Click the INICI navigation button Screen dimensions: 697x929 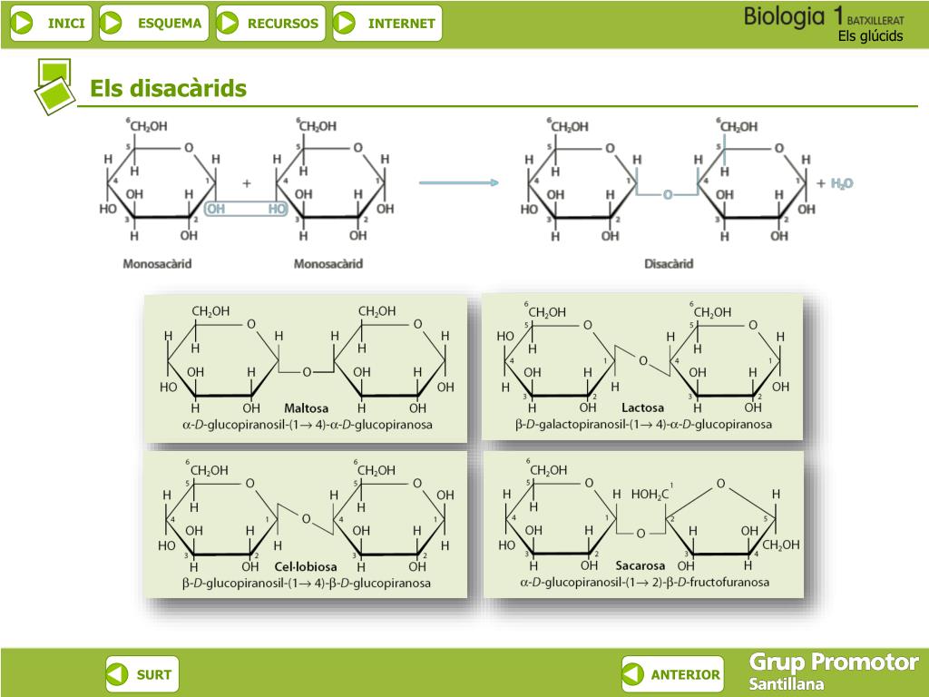(51, 24)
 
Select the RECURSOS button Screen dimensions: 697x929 (269, 24)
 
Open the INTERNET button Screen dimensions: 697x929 (387, 24)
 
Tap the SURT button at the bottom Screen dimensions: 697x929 (142, 674)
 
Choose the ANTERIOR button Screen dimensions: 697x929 (672, 674)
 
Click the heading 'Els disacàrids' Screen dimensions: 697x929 (168, 88)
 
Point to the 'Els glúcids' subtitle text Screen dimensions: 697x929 (870, 36)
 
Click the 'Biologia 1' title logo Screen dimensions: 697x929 (795, 15)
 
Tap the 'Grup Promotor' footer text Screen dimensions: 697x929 (834, 662)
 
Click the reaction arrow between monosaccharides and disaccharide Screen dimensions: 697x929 (459, 182)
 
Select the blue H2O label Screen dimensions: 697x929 (842, 183)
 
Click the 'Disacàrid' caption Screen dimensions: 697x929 (669, 264)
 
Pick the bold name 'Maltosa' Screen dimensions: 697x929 (306, 408)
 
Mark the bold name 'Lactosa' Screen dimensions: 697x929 (642, 408)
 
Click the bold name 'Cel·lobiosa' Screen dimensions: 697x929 (306, 567)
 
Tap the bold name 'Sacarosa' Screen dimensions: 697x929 (641, 565)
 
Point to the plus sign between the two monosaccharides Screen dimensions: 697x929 (246, 182)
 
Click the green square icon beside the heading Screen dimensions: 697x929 (54, 86)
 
